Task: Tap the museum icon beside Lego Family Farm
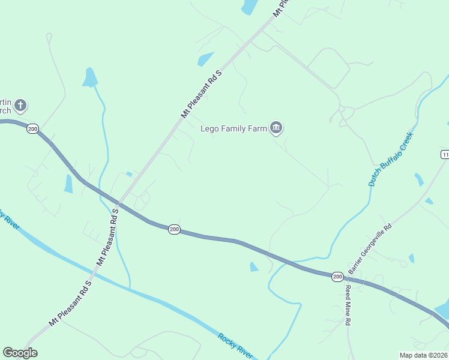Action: pyautogui.click(x=276, y=127)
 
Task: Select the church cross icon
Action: pyautogui.click(x=20, y=106)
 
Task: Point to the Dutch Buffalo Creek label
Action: pyautogui.click(x=391, y=160)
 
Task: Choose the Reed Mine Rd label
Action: pyautogui.click(x=348, y=305)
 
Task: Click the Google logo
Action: pyautogui.click(x=20, y=352)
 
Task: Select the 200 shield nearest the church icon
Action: pyautogui.click(x=32, y=129)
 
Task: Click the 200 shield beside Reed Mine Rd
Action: pyautogui.click(x=337, y=276)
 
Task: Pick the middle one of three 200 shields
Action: pyautogui.click(x=174, y=229)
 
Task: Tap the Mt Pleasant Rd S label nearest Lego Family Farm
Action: pyautogui.click(x=202, y=93)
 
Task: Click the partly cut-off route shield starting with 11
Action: pyautogui.click(x=444, y=155)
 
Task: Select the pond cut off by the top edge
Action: pyautogui.click(x=249, y=7)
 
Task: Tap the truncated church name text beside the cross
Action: pyautogui.click(x=6, y=106)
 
